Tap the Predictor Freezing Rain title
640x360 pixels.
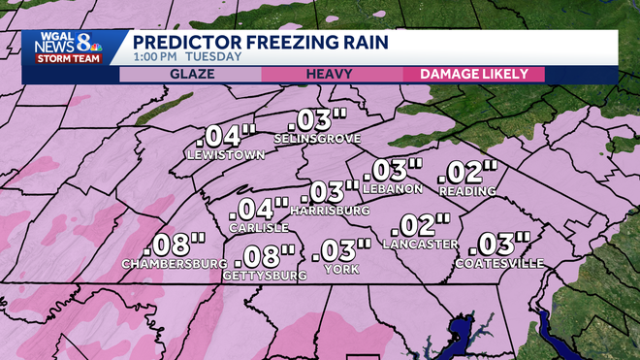260,42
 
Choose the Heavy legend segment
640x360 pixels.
329,74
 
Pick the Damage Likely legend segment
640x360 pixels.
473,74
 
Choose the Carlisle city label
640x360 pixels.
259,227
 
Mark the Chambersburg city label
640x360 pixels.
168,264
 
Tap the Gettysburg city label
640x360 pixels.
265,276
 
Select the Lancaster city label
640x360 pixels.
420,244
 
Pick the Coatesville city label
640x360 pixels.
498,263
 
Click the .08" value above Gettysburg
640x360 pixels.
266,256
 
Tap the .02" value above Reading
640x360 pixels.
465,173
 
